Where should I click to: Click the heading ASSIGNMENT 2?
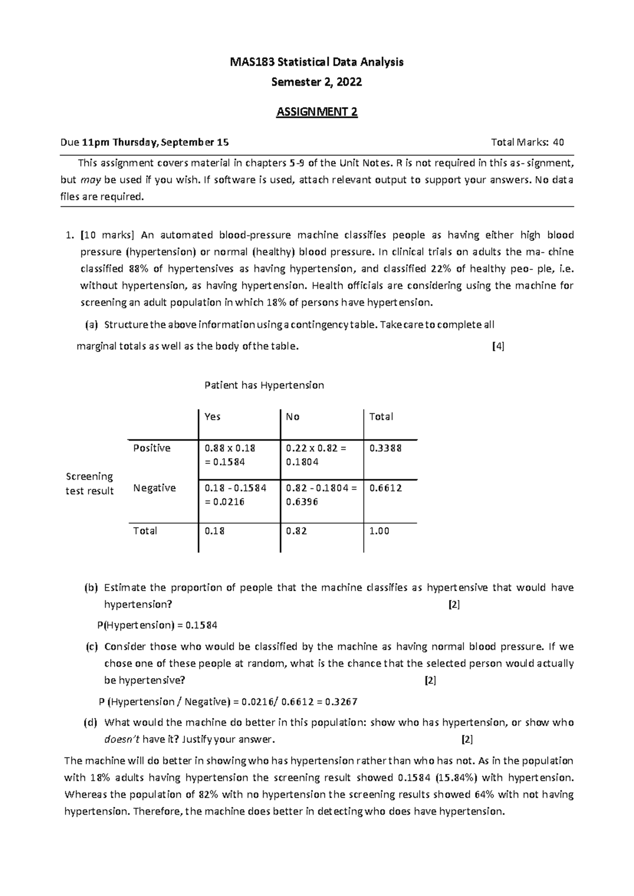pos(317,113)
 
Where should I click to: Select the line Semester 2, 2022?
pos(316,82)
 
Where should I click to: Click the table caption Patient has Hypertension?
pos(264,385)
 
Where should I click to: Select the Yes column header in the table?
pos(212,417)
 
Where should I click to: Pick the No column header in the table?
pos(293,417)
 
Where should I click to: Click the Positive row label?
pos(152,448)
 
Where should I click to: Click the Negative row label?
pos(154,488)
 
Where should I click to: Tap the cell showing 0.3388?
pos(385,448)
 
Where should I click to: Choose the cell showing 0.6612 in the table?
pos(385,488)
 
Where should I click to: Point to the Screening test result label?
pos(89,483)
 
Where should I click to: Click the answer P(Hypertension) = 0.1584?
pos(157,626)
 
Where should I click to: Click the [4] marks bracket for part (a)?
pos(498,347)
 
